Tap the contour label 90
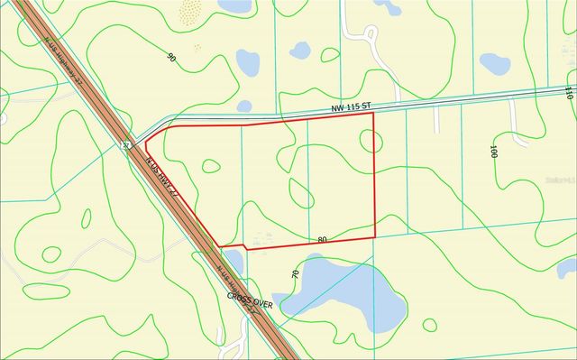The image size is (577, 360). point(171,57)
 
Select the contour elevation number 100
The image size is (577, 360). point(493,151)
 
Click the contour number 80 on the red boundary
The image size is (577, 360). point(322,239)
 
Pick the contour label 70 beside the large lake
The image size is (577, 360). point(295,272)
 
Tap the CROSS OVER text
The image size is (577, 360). point(238,297)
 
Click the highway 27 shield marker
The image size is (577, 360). point(126,144)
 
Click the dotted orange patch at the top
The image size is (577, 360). point(190,12)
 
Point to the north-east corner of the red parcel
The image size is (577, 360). point(373,113)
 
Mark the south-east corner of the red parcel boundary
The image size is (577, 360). point(374,237)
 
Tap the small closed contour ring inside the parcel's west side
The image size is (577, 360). point(210,165)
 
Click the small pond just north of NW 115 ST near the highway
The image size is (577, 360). point(244,106)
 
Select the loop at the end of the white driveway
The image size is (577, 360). point(520,141)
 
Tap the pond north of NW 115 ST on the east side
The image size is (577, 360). point(494,63)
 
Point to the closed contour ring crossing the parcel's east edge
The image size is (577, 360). point(368,141)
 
